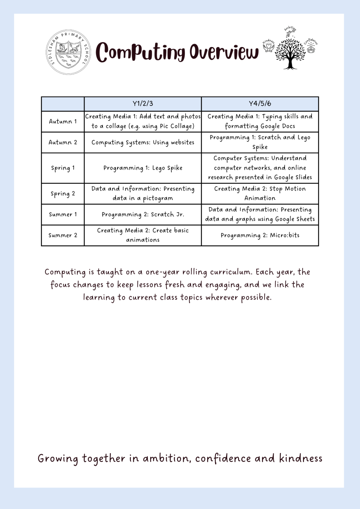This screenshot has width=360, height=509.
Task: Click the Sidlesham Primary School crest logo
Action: pyautogui.click(x=68, y=52)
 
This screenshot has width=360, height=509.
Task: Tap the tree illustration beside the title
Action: pyautogui.click(x=290, y=52)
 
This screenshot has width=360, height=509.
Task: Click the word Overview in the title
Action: pyautogui.click(x=224, y=52)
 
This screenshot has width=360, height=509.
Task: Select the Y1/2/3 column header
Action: pyautogui.click(x=143, y=104)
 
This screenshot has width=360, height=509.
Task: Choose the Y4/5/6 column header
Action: pyautogui.click(x=260, y=104)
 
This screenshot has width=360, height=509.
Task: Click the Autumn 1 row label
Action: pyautogui.click(x=63, y=122)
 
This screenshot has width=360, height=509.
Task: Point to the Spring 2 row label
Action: pyautogui.click(x=63, y=194)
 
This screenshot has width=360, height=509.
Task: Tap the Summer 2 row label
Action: pyautogui.click(x=63, y=235)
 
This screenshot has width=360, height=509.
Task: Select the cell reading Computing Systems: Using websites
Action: pyautogui.click(x=143, y=143)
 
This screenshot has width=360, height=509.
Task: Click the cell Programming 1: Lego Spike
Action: pyautogui.click(x=143, y=168)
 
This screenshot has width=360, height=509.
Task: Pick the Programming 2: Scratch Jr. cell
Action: pyautogui.click(x=143, y=214)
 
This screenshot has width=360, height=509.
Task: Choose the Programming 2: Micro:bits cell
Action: pyautogui.click(x=260, y=235)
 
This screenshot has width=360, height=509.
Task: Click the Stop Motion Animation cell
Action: pyautogui.click(x=260, y=193)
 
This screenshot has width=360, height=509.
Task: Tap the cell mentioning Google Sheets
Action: pyautogui.click(x=260, y=214)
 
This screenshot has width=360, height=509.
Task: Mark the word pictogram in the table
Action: pyautogui.click(x=158, y=199)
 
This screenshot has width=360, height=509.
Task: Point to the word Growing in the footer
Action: pyautogui.click(x=58, y=459)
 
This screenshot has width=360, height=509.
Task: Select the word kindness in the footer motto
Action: pyautogui.click(x=300, y=458)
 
